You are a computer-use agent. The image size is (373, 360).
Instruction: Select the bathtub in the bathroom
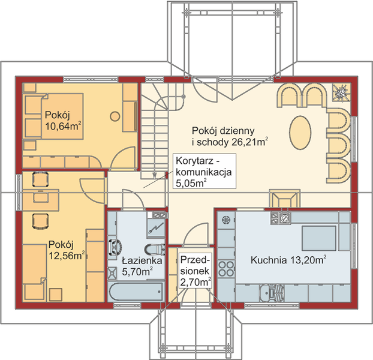136,293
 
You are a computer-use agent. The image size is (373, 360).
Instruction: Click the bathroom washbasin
115,245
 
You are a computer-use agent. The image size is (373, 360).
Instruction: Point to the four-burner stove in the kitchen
227,269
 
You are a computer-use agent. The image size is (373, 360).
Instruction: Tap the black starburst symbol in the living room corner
341,94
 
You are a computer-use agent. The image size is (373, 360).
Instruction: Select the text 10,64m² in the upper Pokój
64,125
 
